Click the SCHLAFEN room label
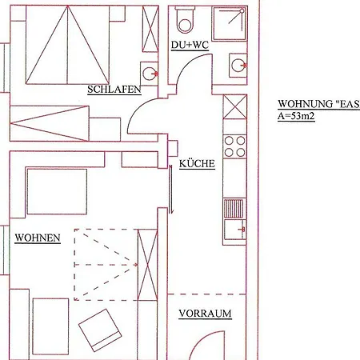[x=114, y=90]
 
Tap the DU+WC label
[x=190, y=45]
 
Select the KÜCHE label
[x=197, y=163]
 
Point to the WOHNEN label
[x=38, y=238]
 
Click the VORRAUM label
[x=205, y=314]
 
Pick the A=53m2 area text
[x=296, y=116]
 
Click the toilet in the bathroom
[x=185, y=20]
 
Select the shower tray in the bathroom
[x=230, y=23]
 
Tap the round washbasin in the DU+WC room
[x=238, y=66]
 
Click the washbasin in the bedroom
[x=150, y=74]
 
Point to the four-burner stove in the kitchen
[x=234, y=146]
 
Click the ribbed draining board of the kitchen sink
[x=234, y=208]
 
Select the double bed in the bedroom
[x=67, y=45]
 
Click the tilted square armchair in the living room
[x=100, y=330]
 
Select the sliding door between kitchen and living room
[x=171, y=190]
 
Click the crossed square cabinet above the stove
[x=235, y=107]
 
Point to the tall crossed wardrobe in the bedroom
[x=150, y=29]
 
